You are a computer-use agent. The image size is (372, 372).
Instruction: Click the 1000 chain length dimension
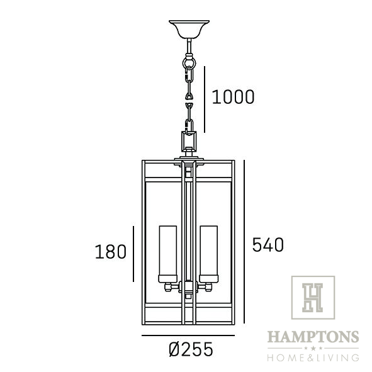(x=233, y=97)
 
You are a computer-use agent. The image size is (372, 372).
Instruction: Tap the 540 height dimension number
(x=268, y=245)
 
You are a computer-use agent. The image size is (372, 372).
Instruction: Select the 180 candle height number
(x=111, y=252)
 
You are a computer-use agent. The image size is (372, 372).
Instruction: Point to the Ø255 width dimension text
(x=191, y=349)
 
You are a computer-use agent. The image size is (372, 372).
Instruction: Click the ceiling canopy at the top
(x=189, y=29)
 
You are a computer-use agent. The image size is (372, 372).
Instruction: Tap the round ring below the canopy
(x=189, y=64)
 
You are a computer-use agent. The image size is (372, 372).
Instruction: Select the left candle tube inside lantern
(x=168, y=254)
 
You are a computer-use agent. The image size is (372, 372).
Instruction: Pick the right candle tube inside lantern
(x=209, y=254)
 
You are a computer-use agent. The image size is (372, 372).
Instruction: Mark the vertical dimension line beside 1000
(x=205, y=99)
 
